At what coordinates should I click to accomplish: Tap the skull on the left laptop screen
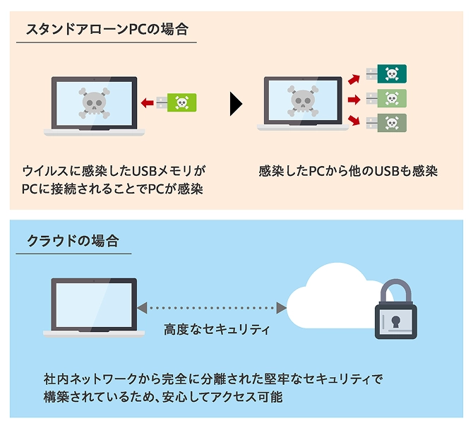tap(93, 103)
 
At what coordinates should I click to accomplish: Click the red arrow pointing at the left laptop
tap(147, 103)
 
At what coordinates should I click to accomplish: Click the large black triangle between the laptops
tap(236, 105)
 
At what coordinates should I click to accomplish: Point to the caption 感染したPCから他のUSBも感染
tap(348, 171)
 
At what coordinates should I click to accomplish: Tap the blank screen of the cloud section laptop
tap(93, 304)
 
